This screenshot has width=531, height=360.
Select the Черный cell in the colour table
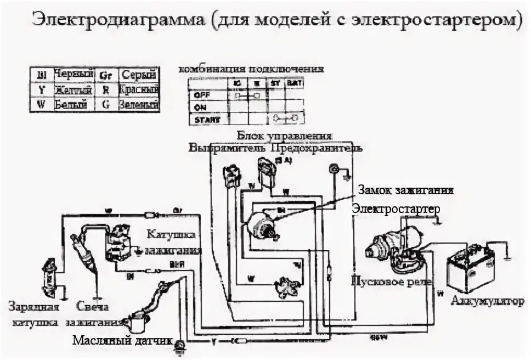[71, 74]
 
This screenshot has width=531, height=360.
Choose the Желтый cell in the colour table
[71, 89]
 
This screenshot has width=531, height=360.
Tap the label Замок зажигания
[406, 190]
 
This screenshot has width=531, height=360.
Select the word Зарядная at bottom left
[32, 307]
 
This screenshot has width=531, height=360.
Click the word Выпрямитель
[227, 148]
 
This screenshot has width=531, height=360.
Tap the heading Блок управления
[284, 135]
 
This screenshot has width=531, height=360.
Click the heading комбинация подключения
[251, 69]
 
